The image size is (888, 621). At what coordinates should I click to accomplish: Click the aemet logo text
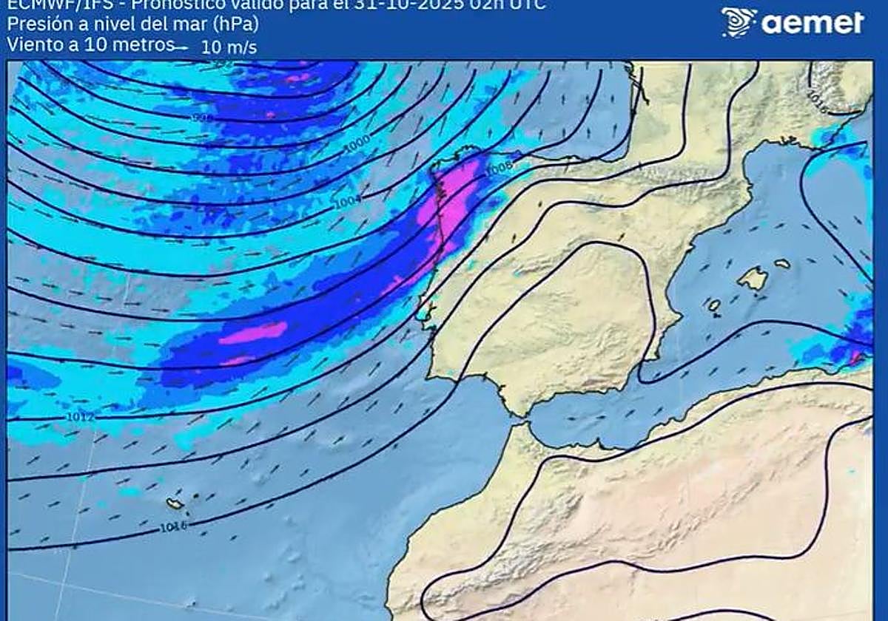pyautogui.click(x=813, y=23)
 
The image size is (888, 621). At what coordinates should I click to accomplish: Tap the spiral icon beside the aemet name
pyautogui.click(x=738, y=22)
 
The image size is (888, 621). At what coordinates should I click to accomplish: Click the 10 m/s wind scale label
pyautogui.click(x=229, y=47)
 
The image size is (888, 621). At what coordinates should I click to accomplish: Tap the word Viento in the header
pyautogui.click(x=29, y=44)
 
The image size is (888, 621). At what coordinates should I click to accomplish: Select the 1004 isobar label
pyautogui.click(x=347, y=200)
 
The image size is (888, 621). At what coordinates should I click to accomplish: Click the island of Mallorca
pyautogui.click(x=753, y=278)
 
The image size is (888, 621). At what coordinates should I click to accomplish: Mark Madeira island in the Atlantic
pyautogui.click(x=175, y=503)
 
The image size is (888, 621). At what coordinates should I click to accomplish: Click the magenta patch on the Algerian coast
pyautogui.click(x=856, y=359)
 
